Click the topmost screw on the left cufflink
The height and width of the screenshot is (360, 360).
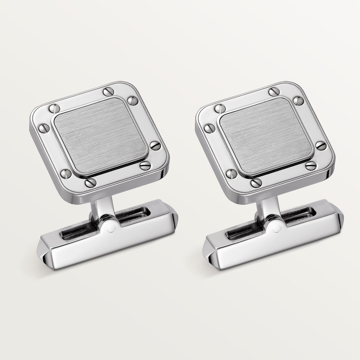coord(108,92)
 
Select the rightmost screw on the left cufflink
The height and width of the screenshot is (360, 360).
coord(155,145)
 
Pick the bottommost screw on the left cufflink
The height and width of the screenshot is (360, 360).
coord(90,182)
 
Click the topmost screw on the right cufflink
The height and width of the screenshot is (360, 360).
coord(274,92)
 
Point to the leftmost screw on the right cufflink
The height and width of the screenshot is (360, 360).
coord(210,128)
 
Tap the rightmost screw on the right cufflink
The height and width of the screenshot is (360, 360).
coord(321,145)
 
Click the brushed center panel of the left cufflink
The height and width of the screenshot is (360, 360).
coord(100,137)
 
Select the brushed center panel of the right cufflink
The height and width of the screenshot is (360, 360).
coord(266,137)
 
